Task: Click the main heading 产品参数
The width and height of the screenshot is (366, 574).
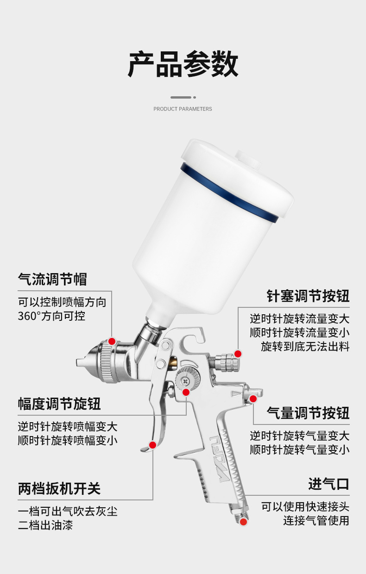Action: tap(183, 64)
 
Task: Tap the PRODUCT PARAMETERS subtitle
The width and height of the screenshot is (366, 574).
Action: tap(183, 109)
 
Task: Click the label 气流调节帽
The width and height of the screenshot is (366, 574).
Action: tap(52, 279)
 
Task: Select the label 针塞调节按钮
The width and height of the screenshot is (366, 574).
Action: tap(308, 296)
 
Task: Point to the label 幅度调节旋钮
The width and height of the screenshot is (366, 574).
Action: tap(59, 404)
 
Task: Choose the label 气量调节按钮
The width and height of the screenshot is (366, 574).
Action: tap(308, 413)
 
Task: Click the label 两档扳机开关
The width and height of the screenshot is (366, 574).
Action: tap(59, 489)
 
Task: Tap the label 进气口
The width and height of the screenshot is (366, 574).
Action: tap(329, 484)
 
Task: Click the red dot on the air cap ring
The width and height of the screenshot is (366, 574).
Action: tap(112, 341)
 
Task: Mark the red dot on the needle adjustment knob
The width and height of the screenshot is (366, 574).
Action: tap(238, 354)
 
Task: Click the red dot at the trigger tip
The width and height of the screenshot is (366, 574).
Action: tap(152, 445)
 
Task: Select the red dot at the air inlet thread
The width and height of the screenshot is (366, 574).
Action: tap(243, 522)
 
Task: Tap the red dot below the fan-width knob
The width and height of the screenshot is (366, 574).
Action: tap(186, 393)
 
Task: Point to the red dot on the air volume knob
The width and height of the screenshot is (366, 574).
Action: tap(253, 399)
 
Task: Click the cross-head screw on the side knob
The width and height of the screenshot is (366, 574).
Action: tap(185, 381)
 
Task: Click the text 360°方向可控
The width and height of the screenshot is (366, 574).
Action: tap(51, 316)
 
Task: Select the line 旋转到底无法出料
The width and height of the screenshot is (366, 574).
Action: tap(305, 346)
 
